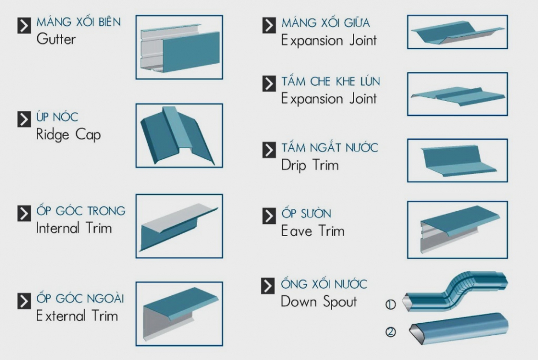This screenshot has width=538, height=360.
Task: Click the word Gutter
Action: (x=56, y=40)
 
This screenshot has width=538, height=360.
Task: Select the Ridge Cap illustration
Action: (x=179, y=136)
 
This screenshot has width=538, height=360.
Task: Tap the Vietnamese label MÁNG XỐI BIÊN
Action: (x=79, y=22)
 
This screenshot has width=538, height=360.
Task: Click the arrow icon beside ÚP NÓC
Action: (x=24, y=119)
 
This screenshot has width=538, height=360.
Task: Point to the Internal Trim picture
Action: (x=179, y=226)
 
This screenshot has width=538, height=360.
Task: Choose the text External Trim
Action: (x=77, y=316)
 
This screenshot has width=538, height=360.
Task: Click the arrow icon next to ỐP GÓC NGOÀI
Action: (x=24, y=300)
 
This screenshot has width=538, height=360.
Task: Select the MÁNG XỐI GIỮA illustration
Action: (x=457, y=32)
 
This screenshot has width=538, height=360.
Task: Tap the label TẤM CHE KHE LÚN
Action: (x=330, y=82)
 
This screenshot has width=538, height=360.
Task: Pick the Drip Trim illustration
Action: (x=457, y=160)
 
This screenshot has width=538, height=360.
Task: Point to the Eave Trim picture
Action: (x=457, y=229)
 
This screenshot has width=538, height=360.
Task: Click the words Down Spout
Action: (x=318, y=301)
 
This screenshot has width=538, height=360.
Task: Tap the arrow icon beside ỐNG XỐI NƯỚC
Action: (x=268, y=285)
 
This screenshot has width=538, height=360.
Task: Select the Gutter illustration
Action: (x=179, y=47)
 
